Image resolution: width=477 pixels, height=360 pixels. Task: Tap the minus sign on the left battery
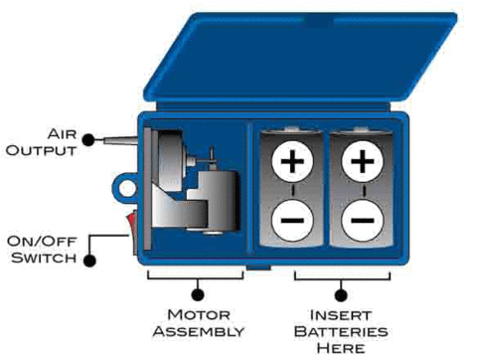pyautogui.click(x=292, y=215)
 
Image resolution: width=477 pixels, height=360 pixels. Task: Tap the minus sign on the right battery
pyautogui.click(x=363, y=215)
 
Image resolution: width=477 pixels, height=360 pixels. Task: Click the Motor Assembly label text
pyautogui.click(x=198, y=322)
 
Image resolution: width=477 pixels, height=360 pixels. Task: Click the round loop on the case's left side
pyautogui.click(x=124, y=186)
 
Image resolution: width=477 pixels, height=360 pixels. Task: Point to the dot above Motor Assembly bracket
pyautogui.click(x=198, y=292)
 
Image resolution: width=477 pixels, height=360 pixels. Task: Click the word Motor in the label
pyautogui.click(x=198, y=314)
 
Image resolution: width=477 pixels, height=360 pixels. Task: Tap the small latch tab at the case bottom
pyautogui.click(x=259, y=268)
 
